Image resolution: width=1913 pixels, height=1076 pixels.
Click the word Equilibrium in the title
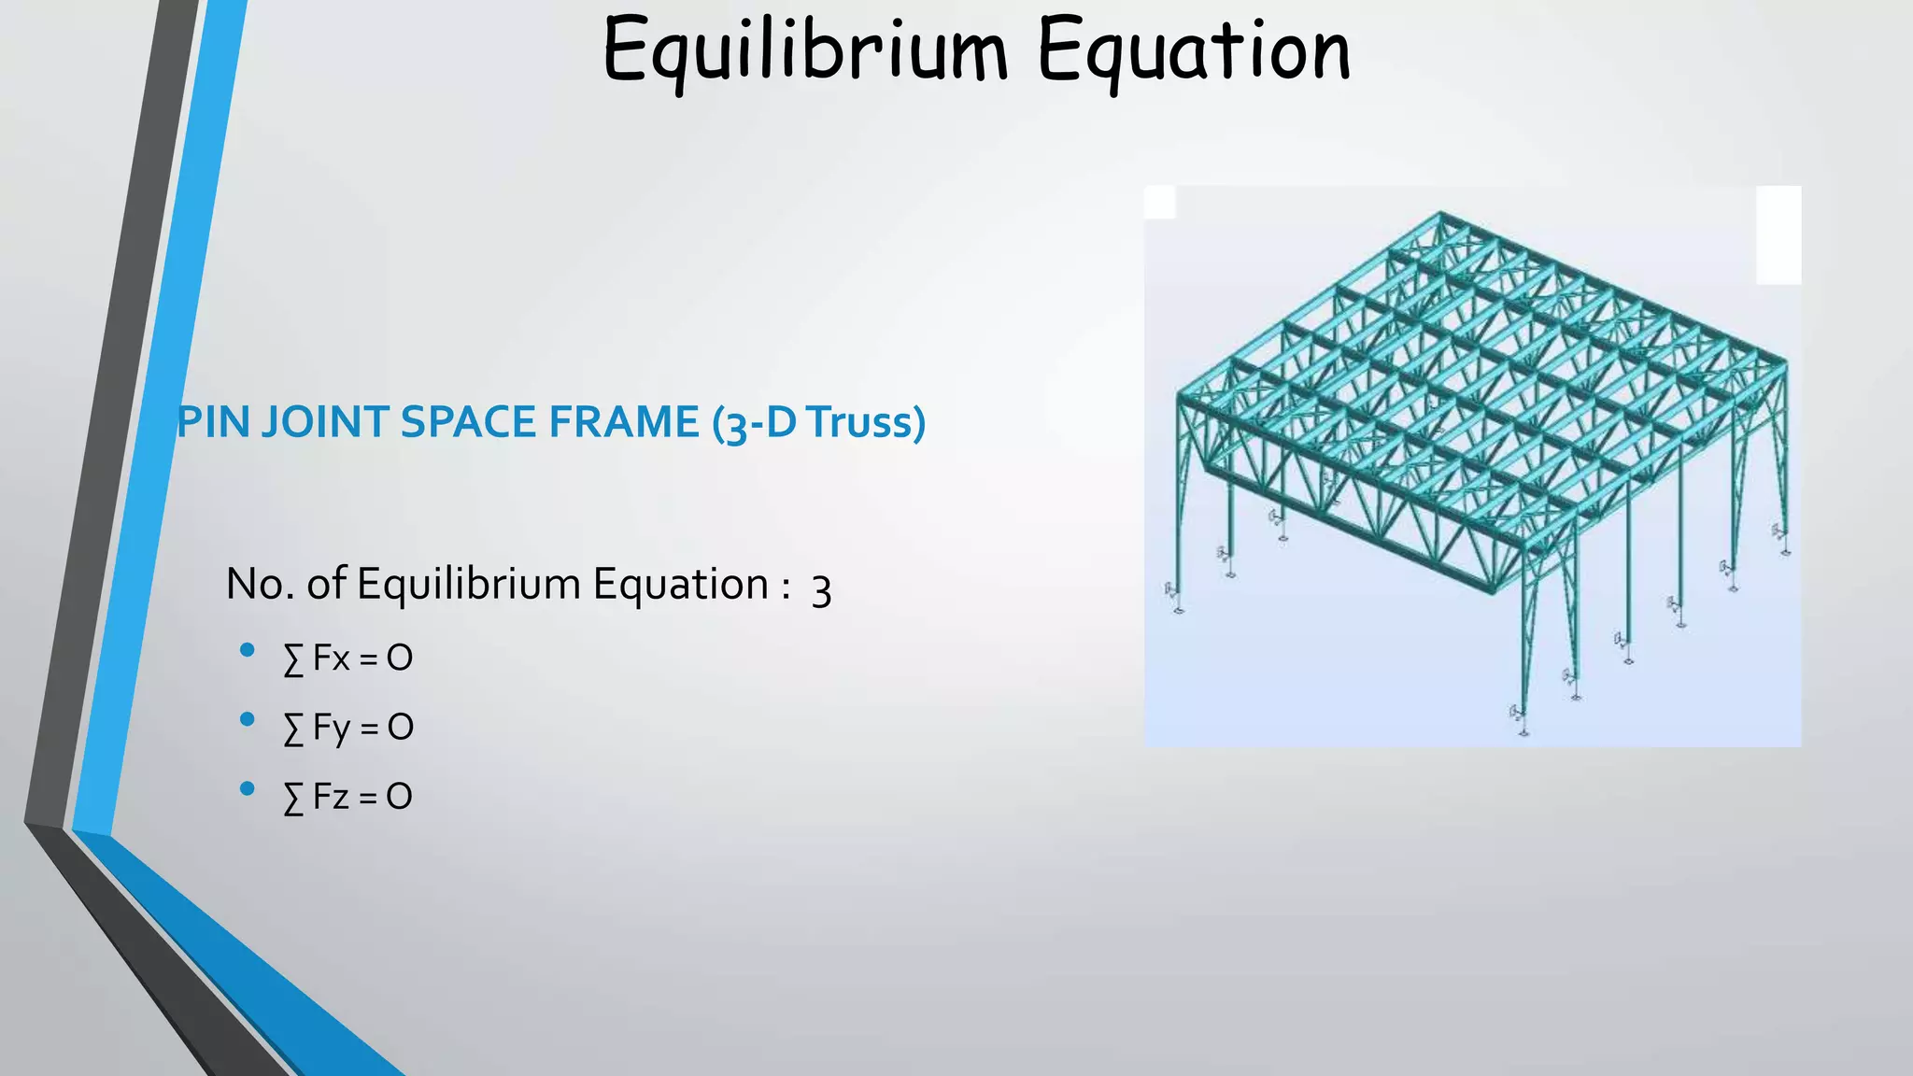(x=805, y=50)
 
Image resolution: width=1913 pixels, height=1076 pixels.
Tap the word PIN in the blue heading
(x=213, y=422)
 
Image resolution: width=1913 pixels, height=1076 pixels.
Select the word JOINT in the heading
(x=325, y=422)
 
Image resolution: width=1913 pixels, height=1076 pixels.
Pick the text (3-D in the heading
(x=754, y=423)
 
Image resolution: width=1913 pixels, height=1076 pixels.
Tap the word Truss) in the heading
(x=866, y=422)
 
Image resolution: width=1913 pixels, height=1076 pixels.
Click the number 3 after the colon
(x=821, y=589)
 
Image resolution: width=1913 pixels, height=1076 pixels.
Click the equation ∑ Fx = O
(x=347, y=658)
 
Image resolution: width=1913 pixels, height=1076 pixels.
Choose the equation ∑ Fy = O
(x=347, y=728)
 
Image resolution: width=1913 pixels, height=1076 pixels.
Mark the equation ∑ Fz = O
(x=347, y=797)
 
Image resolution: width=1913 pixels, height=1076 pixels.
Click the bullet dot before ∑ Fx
(x=247, y=650)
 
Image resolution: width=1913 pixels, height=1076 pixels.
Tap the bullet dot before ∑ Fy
(x=247, y=719)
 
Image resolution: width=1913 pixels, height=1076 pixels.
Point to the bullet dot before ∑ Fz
(x=247, y=788)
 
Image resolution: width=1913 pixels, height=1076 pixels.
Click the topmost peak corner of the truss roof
(x=1441, y=213)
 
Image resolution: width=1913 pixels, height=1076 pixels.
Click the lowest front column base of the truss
(x=1523, y=731)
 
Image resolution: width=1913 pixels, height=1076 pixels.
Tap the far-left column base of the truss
(x=1179, y=609)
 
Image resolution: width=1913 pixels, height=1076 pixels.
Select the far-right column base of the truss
(x=1785, y=551)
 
